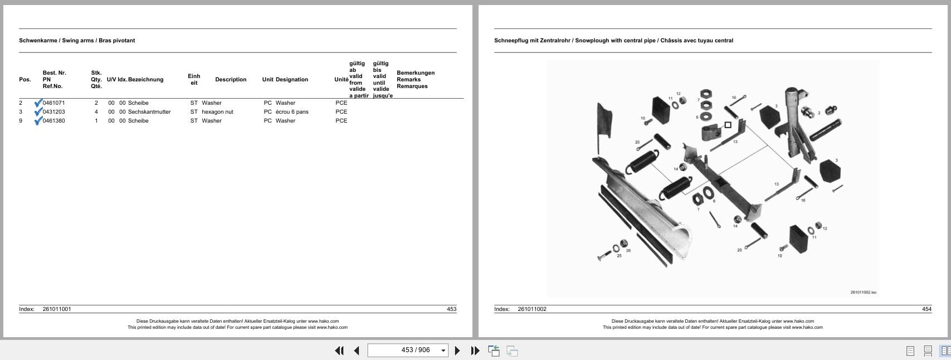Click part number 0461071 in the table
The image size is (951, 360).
coord(53,103)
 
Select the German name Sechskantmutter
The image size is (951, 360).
coord(149,112)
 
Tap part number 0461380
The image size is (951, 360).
coord(53,121)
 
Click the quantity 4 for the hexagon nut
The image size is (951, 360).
coord(96,112)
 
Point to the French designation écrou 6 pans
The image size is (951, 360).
coord(292,112)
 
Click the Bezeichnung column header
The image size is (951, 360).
coord(146,80)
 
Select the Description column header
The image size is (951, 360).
coord(231,80)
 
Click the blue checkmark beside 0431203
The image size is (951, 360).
coord(38,111)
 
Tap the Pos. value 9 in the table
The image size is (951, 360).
coord(21,121)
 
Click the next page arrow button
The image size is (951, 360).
coord(457,351)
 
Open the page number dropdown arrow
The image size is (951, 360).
coord(443,351)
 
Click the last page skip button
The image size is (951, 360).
coord(475,351)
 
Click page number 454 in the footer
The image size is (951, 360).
coord(926,309)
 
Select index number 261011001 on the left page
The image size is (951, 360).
coord(57,309)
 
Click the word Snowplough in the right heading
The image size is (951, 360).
coord(594,41)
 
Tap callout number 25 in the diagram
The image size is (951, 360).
coord(619,256)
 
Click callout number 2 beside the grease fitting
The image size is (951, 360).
coord(819,113)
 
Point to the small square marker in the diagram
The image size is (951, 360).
coord(728,125)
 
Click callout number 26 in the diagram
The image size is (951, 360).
coord(628,250)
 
